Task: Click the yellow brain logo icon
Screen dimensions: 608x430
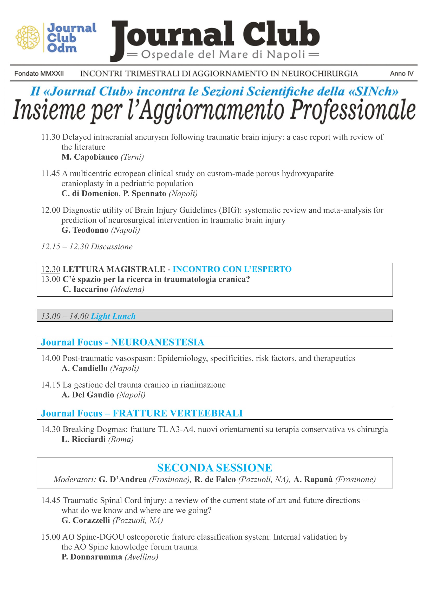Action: coord(28,37)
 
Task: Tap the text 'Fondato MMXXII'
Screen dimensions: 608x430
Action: coord(39,73)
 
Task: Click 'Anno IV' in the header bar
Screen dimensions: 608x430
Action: coord(401,73)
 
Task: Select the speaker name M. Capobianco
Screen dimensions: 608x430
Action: coord(90,157)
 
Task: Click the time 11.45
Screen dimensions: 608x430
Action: coord(51,174)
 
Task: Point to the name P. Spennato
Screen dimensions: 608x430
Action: coord(145,194)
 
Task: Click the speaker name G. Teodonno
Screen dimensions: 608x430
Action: coord(85,230)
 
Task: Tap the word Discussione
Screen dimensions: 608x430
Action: coord(112,246)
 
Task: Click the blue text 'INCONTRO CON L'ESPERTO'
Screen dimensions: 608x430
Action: coord(232,269)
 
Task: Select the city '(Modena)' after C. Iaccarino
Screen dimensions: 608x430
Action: coord(128,289)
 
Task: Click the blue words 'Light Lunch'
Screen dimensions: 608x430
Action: coord(113,316)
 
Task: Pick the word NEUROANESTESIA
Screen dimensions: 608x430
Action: coord(158,342)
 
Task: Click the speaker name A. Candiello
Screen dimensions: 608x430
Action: coord(84,368)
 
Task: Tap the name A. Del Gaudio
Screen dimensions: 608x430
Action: coord(88,395)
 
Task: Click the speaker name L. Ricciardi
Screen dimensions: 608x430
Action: coord(84,439)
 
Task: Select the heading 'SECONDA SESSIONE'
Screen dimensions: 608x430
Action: coord(214,468)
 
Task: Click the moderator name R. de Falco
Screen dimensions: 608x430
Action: coord(215,480)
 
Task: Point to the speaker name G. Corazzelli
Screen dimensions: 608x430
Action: coord(86,520)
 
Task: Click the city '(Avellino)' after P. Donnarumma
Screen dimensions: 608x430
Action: coord(141,557)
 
